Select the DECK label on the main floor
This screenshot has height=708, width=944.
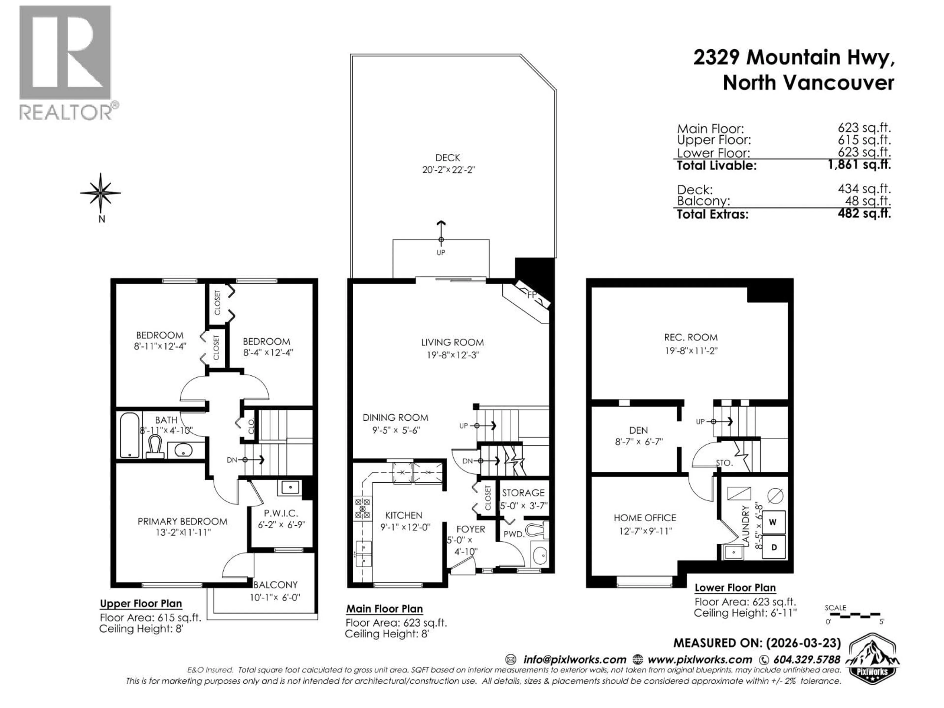click(x=448, y=158)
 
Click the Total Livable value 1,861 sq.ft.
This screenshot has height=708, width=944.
click(x=859, y=165)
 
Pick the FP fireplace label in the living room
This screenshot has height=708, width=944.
click(x=531, y=295)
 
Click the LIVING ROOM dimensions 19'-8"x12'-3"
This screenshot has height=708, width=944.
click(x=453, y=355)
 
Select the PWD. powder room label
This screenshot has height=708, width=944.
click(x=513, y=534)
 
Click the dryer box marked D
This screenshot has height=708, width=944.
click(x=773, y=547)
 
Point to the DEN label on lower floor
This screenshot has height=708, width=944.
click(x=638, y=430)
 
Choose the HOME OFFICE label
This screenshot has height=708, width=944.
click(x=645, y=518)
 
